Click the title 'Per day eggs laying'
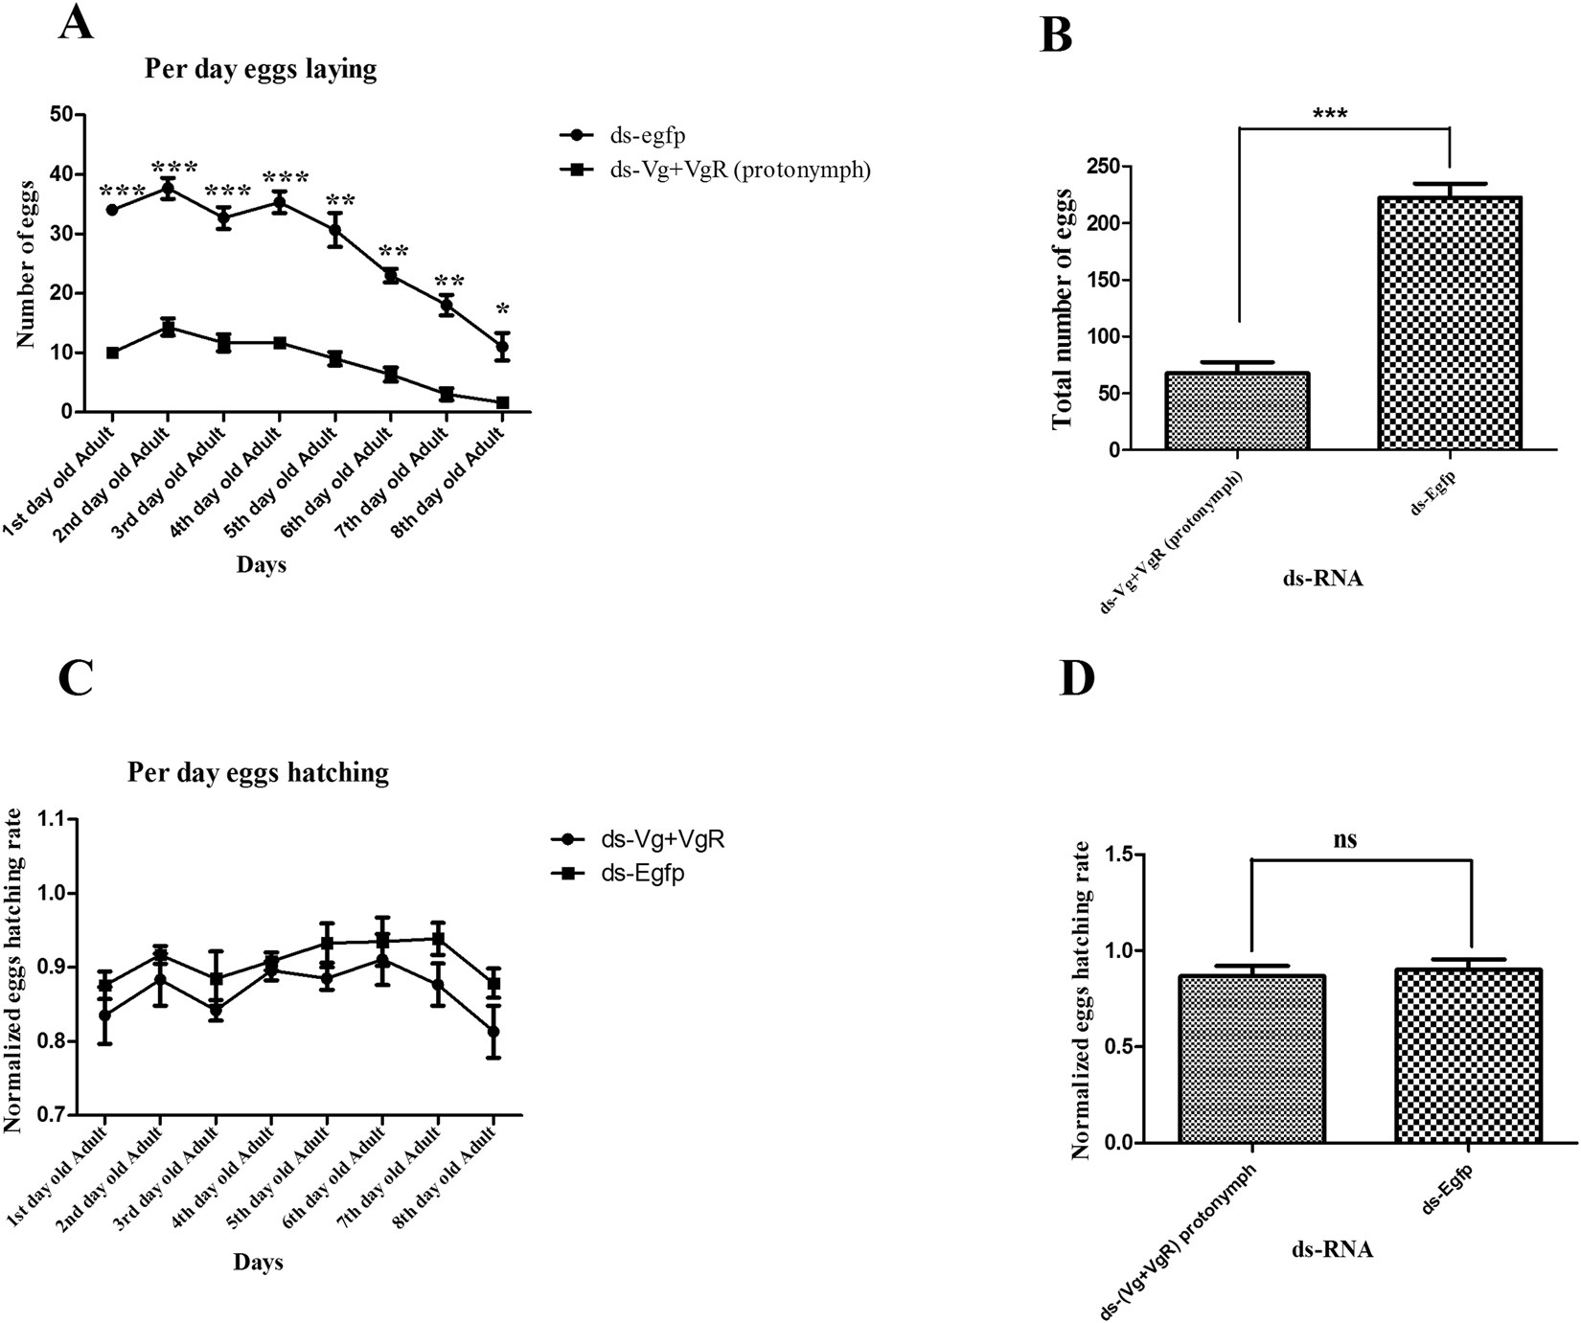[x=261, y=69]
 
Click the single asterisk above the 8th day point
[x=502, y=309]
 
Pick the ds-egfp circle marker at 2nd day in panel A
[x=168, y=188]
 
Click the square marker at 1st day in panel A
[x=113, y=353]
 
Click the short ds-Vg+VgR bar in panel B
[x=1238, y=411]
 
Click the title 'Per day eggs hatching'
[x=258, y=772]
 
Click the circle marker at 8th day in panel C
[x=493, y=1032]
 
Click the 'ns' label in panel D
[x=1345, y=840]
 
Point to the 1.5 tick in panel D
[x=1112, y=855]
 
